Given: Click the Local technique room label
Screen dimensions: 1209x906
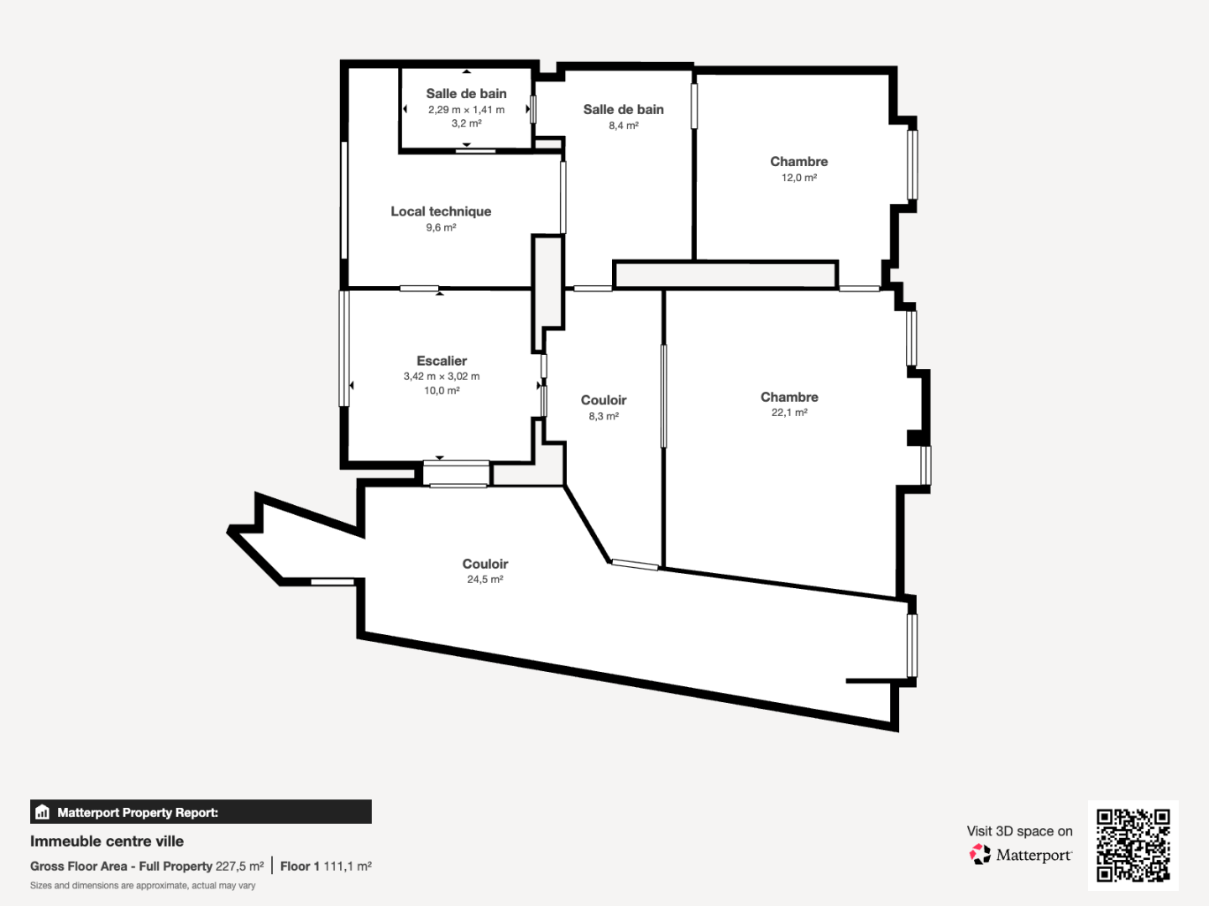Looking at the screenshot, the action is (x=441, y=211).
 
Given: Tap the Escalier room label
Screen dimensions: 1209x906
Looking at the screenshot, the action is (x=442, y=361).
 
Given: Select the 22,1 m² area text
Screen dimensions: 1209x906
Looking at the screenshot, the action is (x=789, y=413).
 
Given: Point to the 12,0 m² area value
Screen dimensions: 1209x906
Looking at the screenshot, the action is (x=798, y=178).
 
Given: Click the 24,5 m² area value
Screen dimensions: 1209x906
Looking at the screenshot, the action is (x=484, y=579).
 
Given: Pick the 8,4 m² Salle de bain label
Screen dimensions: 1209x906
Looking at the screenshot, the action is (x=623, y=109).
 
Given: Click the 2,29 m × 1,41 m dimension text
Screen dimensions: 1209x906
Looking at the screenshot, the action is (x=466, y=109).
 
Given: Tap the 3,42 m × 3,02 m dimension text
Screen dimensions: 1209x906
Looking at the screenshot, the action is (x=441, y=377).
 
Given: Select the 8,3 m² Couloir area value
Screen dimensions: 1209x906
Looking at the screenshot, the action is (x=603, y=416).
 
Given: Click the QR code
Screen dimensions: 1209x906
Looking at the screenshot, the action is (x=1133, y=845).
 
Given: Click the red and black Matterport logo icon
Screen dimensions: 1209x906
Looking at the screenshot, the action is (x=979, y=854).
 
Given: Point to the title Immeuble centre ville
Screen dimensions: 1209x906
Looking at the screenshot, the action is (x=107, y=841).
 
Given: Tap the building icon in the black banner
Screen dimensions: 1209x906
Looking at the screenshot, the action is (x=43, y=812).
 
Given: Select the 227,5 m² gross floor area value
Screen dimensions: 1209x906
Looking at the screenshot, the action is (x=239, y=867).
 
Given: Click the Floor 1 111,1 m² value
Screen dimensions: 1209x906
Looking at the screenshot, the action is (x=326, y=867).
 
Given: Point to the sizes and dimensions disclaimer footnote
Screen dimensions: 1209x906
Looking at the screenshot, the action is (x=143, y=886).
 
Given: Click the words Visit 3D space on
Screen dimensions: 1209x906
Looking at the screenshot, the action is (x=1019, y=831).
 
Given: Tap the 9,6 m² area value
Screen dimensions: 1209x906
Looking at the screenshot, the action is (x=441, y=227).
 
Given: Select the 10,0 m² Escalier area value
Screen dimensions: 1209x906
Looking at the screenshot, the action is (x=441, y=391).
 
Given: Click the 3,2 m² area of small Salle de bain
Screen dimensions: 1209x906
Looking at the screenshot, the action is (x=466, y=124).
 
